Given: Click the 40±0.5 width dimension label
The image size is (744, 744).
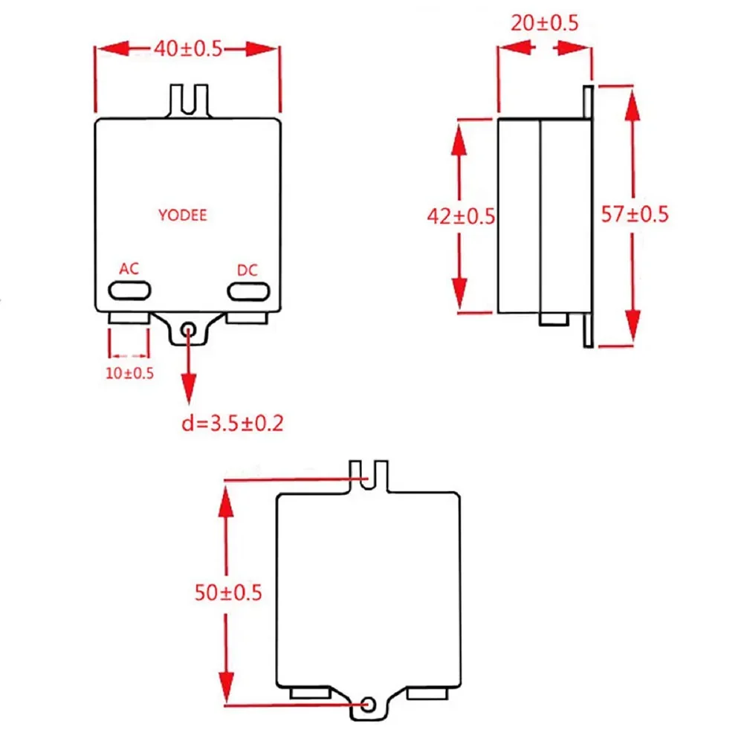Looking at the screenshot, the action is coord(188,48).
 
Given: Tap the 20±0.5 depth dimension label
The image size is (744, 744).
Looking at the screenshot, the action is coord(545,23).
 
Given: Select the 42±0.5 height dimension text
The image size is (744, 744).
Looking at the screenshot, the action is coord(461,216).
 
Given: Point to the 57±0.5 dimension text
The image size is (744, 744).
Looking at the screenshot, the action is coord(635,214).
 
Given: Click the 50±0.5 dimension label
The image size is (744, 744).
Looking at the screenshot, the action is coord(228,592).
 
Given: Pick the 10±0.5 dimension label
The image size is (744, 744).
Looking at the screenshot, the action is coord(129,373).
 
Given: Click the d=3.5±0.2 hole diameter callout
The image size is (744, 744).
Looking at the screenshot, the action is coord(233,423).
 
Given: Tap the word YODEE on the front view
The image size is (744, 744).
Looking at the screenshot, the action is coord(183,215).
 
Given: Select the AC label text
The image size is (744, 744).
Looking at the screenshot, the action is coord(129,268).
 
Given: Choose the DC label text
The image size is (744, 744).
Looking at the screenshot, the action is coord(248,270).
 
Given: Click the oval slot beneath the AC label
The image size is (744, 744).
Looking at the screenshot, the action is coord(129,291).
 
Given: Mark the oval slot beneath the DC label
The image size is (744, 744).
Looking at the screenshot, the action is coord(249,291).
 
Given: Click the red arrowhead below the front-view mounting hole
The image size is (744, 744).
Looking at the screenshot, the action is coord(189,388).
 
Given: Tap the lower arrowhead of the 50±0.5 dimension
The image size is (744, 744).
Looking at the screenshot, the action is coord(227,688).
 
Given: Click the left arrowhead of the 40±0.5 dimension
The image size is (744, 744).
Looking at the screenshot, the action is coord(113,48).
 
